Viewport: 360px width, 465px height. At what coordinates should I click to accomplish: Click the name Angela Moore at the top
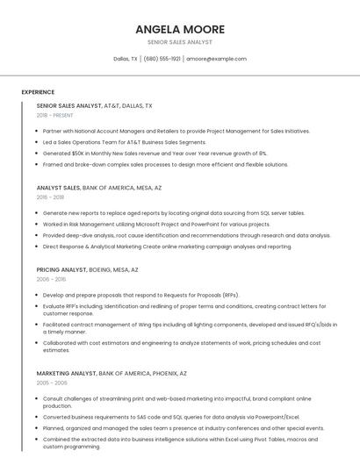180,29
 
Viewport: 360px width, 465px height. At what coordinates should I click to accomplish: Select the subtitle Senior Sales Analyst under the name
180,42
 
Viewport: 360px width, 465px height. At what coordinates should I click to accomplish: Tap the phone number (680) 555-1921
162,59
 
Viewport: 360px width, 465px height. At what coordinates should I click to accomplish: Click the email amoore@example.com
216,59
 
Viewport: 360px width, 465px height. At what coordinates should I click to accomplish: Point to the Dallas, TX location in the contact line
126,59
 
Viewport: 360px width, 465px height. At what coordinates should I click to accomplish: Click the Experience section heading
38,91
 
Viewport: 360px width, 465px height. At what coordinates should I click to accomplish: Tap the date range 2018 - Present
54,115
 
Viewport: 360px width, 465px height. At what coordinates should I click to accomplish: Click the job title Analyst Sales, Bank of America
99,188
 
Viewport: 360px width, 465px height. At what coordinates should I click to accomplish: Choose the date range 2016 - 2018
50,197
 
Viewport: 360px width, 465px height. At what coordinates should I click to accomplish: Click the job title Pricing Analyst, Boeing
87,270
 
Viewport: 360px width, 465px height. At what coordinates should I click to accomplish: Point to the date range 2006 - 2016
50,280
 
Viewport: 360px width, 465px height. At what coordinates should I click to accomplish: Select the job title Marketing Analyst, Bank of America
112,374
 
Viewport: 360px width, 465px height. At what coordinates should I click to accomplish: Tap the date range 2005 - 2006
52,383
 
